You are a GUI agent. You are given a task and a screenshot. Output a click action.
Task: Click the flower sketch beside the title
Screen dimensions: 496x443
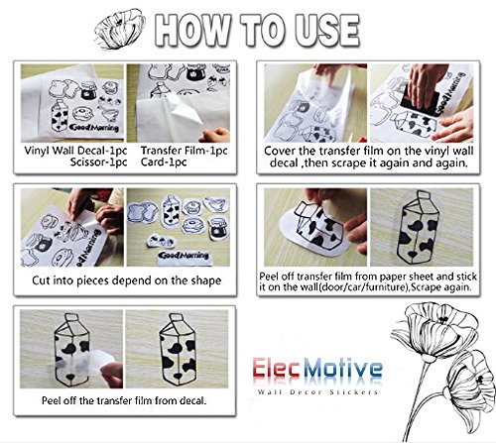120,29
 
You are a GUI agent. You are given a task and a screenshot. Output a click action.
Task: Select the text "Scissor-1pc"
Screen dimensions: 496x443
98,163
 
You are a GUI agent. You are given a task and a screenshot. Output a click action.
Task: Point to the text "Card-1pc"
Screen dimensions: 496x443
164,163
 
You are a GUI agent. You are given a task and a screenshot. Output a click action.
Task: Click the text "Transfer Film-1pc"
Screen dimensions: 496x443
185,151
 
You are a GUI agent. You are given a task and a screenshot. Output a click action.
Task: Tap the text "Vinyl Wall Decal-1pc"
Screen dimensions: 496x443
75,151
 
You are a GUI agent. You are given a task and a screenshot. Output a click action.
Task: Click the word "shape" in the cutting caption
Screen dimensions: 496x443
206,280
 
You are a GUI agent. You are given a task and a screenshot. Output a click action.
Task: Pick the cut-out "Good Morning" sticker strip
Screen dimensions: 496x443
184,256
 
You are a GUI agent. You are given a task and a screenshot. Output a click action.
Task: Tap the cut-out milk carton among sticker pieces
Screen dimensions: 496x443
172,211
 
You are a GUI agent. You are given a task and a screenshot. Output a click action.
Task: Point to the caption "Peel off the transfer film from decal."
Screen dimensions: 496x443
124,400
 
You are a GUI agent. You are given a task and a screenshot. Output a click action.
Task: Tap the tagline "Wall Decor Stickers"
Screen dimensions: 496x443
317,392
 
